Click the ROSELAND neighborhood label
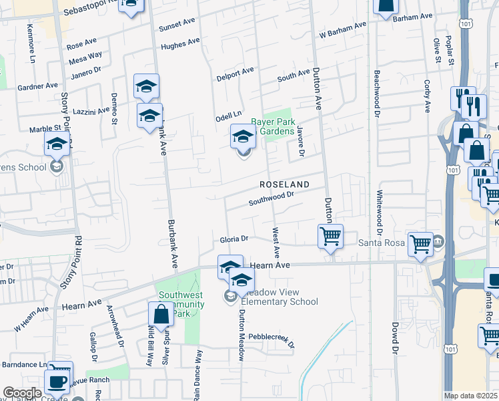[285, 184]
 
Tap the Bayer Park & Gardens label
[273, 126]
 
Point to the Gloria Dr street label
[234, 239]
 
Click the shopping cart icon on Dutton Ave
[330, 237]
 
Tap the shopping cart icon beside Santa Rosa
[420, 245]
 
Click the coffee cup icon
[57, 382]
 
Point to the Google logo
[23, 393]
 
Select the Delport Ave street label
[235, 74]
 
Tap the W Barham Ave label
[343, 30]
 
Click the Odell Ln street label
[227, 116]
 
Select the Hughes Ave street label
[180, 44]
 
